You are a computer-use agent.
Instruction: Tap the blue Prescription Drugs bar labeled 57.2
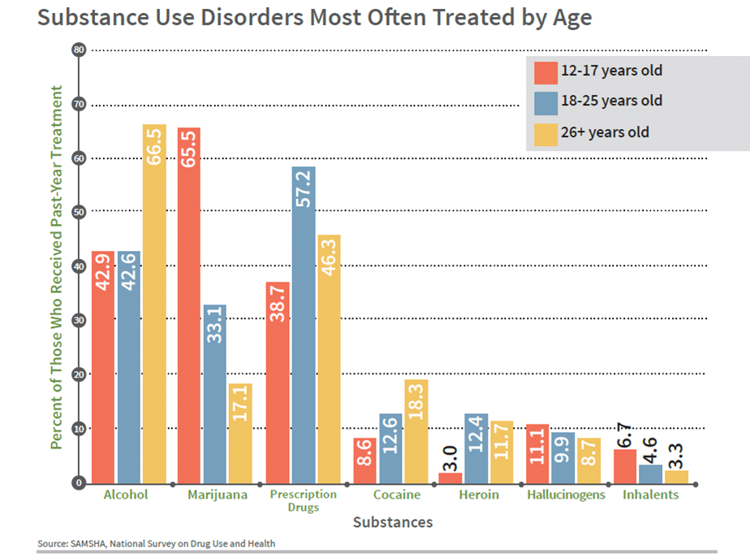click(x=304, y=325)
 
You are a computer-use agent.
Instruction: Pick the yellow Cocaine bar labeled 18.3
click(x=416, y=431)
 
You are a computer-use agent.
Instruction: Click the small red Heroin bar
click(x=450, y=477)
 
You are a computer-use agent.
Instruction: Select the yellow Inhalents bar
click(x=676, y=477)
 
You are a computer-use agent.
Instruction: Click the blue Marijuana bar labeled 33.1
click(x=214, y=394)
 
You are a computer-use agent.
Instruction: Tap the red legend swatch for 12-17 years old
click(x=545, y=71)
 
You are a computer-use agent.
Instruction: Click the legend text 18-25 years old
click(x=611, y=101)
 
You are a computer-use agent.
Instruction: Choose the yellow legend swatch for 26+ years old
click(x=545, y=132)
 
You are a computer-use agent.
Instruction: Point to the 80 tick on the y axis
click(x=79, y=50)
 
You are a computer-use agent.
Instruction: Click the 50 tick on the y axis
click(x=79, y=212)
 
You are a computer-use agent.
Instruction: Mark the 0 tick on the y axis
click(x=79, y=483)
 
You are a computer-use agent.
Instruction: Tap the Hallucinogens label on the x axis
click(x=566, y=494)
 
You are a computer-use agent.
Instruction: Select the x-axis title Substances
click(x=392, y=522)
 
